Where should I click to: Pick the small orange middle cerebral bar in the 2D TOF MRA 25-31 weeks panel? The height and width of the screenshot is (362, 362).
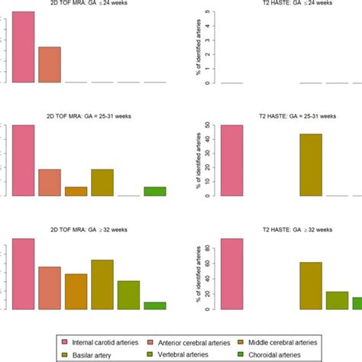click(x=76, y=191)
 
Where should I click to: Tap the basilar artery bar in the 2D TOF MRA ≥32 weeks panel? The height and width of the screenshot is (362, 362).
click(x=102, y=284)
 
